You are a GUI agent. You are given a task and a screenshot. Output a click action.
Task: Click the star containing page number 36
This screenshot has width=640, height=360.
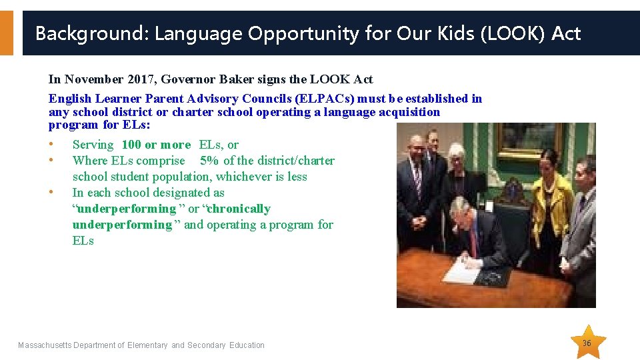[x=587, y=343]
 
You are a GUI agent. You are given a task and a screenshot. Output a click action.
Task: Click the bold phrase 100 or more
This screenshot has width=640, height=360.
[x=156, y=145]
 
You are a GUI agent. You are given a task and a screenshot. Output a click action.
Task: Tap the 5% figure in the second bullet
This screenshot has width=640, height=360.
[x=209, y=161]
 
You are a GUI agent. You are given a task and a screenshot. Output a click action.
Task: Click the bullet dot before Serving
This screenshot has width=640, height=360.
[x=51, y=145]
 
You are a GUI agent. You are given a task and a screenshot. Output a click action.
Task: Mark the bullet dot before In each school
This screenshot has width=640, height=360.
[x=51, y=193]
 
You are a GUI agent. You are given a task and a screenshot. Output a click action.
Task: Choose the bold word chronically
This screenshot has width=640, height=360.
[x=240, y=209]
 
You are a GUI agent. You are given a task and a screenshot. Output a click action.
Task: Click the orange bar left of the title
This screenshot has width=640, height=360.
[x=6, y=33]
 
